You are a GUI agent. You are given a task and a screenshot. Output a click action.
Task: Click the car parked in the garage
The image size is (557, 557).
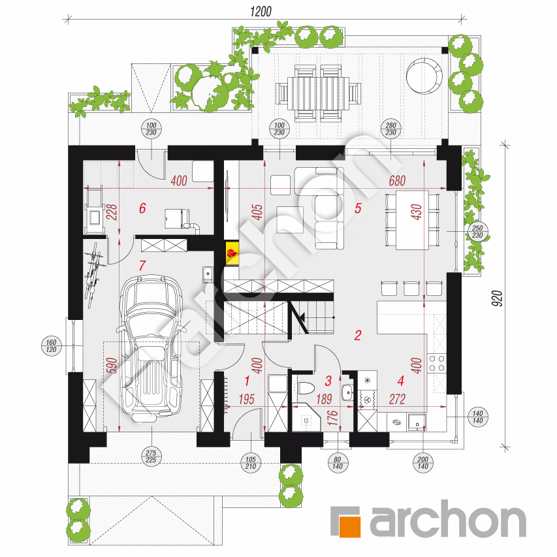click(152, 346)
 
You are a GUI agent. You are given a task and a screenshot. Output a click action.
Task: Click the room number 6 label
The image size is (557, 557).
click(142, 208)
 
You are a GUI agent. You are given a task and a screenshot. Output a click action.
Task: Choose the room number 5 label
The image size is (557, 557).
click(358, 208)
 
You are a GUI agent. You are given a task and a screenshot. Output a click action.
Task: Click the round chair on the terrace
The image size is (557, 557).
click(424, 74)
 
